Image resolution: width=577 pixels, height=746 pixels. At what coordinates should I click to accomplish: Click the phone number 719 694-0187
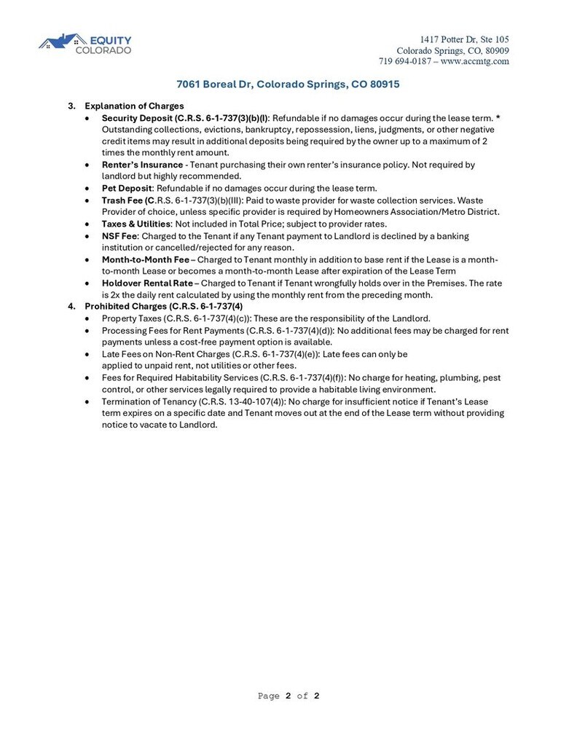pyautogui.click(x=404, y=61)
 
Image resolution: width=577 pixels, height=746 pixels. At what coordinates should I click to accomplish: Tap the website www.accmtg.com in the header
pyautogui.click(x=474, y=61)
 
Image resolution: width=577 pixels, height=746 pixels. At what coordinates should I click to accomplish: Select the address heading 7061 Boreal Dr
pyautogui.click(x=288, y=85)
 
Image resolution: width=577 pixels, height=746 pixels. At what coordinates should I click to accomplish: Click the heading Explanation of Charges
pyautogui.click(x=134, y=106)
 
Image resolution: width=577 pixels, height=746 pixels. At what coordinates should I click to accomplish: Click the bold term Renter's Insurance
pyautogui.click(x=142, y=165)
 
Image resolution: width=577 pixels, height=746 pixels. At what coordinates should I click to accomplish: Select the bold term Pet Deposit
pyautogui.click(x=127, y=188)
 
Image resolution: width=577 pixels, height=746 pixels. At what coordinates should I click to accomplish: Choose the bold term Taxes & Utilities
pyautogui.click(x=136, y=224)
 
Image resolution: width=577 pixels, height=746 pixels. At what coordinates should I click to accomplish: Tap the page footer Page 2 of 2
pyautogui.click(x=288, y=696)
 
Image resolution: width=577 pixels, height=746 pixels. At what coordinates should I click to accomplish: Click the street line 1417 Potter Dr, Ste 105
pyautogui.click(x=464, y=39)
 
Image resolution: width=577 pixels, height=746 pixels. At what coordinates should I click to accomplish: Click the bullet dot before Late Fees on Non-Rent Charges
pyautogui.click(x=88, y=354)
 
